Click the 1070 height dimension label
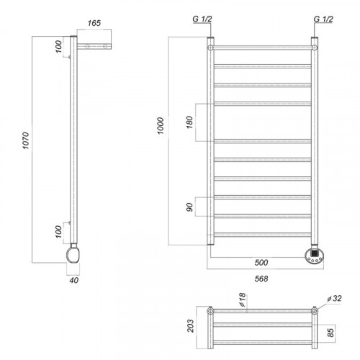tap(26, 140)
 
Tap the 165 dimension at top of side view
tap(94, 23)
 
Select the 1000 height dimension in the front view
tap(161, 125)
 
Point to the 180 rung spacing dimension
tap(189, 122)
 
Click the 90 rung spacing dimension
tap(189, 207)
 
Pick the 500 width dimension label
tap(261, 262)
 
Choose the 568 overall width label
tap(261, 279)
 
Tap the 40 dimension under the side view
tap(74, 280)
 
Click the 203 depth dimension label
tap(190, 325)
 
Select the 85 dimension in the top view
tap(330, 333)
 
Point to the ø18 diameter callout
tap(243, 300)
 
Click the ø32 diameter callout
tap(334, 298)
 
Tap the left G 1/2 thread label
tap(202, 19)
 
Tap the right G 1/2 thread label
tap(323, 19)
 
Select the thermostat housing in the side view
tap(73, 255)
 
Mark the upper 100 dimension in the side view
tap(58, 47)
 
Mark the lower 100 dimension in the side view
tap(58, 232)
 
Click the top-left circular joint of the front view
tap(210, 48)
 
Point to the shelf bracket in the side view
tap(94, 46)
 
